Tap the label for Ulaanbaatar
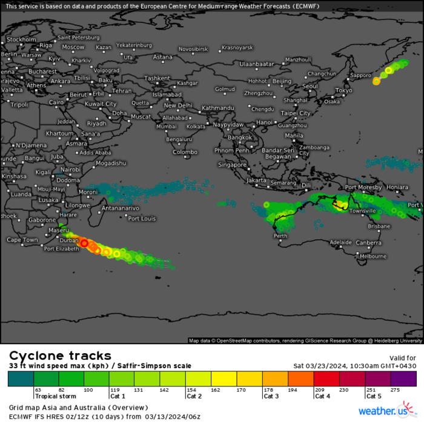click(x=257, y=64)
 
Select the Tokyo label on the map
click(x=343, y=90)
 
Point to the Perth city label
click(x=280, y=236)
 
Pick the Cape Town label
click(x=22, y=240)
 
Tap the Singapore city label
click(x=233, y=165)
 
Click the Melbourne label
click(x=373, y=256)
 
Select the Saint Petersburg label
click(x=78, y=38)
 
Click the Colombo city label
click(x=185, y=152)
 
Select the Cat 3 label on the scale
click(x=271, y=396)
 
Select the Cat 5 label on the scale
click(x=373, y=396)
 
